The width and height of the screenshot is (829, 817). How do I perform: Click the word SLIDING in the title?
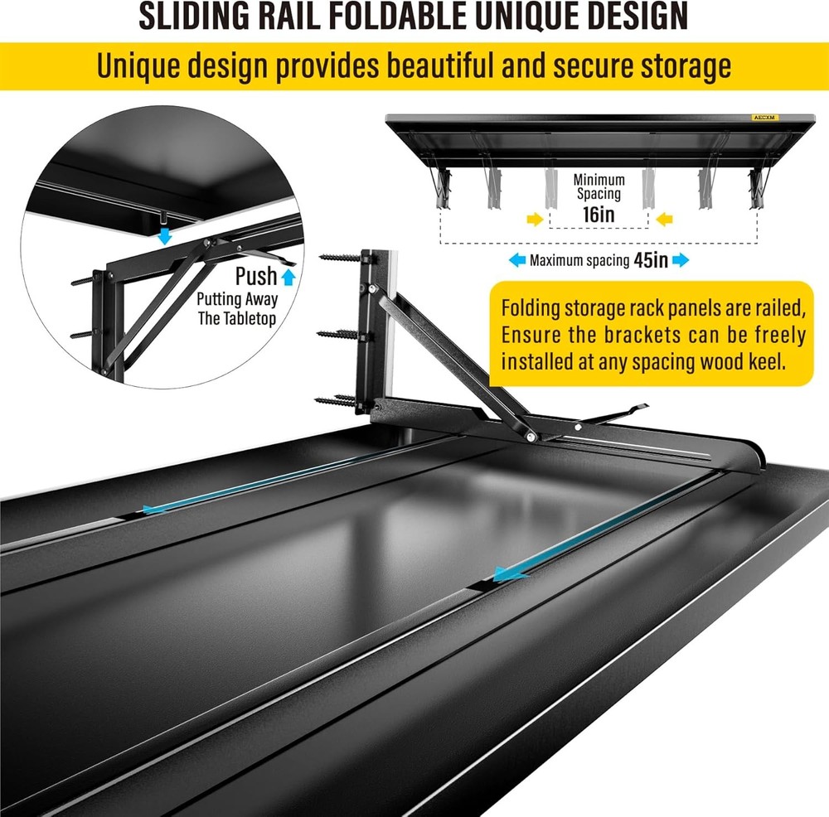click(x=194, y=16)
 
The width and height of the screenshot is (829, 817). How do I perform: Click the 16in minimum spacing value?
click(x=599, y=215)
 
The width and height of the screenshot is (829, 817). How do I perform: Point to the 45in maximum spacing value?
click(x=651, y=260)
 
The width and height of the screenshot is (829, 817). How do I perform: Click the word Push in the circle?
click(x=256, y=276)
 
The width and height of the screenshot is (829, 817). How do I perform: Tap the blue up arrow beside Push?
click(x=288, y=277)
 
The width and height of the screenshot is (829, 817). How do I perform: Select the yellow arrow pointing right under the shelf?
click(x=536, y=220)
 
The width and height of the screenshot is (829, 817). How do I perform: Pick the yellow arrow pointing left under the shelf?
click(x=663, y=220)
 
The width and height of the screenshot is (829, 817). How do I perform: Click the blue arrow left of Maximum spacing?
click(x=517, y=260)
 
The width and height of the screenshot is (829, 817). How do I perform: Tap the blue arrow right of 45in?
click(x=681, y=260)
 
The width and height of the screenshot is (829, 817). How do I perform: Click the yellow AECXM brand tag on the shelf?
click(x=765, y=118)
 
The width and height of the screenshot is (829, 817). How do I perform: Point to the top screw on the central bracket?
click(x=342, y=259)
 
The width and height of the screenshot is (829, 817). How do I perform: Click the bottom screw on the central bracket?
click(x=338, y=400)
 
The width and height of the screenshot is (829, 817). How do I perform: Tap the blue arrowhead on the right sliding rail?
click(x=509, y=573)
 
